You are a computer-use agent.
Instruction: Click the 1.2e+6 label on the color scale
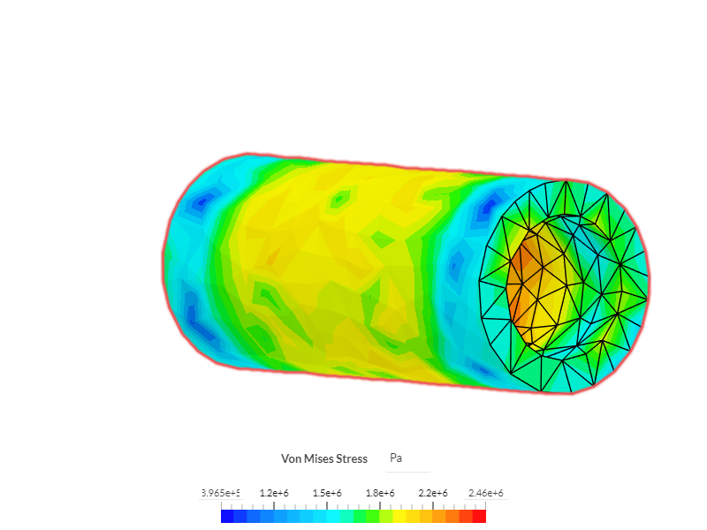point(274,493)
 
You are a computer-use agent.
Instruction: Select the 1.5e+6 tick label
point(327,493)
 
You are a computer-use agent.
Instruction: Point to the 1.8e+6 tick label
point(380,493)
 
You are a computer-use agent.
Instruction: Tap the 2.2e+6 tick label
point(433,493)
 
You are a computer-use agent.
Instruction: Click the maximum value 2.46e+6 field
point(485,493)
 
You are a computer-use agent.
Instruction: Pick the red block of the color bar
point(480,517)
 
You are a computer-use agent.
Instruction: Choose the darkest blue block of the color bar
point(227,517)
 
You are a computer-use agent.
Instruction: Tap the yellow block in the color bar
point(399,517)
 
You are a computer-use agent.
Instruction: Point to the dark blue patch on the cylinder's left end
point(200,204)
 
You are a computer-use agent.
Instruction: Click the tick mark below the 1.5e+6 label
point(327,505)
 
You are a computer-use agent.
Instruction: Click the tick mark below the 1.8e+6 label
point(380,505)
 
